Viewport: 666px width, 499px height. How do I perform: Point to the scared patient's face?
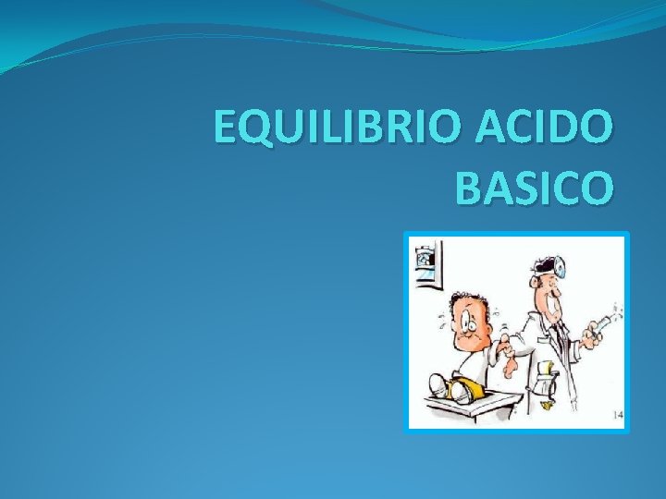[x=469, y=323]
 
